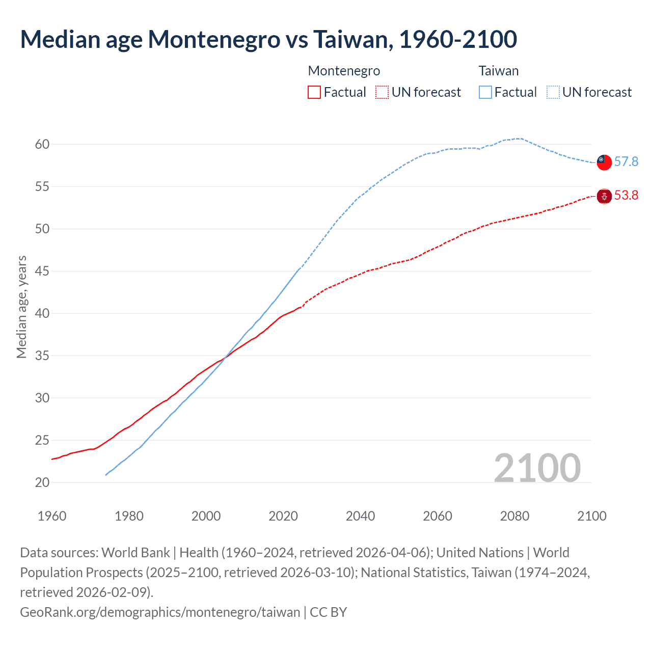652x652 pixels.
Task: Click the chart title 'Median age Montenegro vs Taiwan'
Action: [268, 40]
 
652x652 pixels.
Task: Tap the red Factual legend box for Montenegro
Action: [314, 92]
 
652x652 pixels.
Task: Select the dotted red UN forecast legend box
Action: [382, 92]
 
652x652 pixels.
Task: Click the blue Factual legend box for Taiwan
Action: [485, 92]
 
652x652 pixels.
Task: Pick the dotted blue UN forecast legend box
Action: [553, 92]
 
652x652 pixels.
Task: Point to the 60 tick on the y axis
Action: [42, 144]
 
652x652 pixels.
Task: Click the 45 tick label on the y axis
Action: [42, 271]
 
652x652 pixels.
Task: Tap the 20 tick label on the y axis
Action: [42, 482]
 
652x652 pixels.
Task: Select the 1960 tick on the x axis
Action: [52, 516]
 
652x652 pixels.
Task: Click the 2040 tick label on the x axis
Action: [360, 516]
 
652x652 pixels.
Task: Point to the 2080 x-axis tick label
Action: [514, 516]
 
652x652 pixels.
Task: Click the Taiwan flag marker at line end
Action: [604, 162]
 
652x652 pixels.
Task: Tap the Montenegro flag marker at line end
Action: [604, 196]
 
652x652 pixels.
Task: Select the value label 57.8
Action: [626, 161]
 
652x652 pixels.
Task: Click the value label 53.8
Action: [626, 196]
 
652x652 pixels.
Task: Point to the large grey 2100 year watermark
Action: [537, 468]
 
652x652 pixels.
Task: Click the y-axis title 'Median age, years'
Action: [21, 307]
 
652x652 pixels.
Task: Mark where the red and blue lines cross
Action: [224, 358]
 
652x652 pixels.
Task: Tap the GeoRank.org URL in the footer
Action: [160, 612]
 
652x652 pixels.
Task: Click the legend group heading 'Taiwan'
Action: [498, 71]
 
